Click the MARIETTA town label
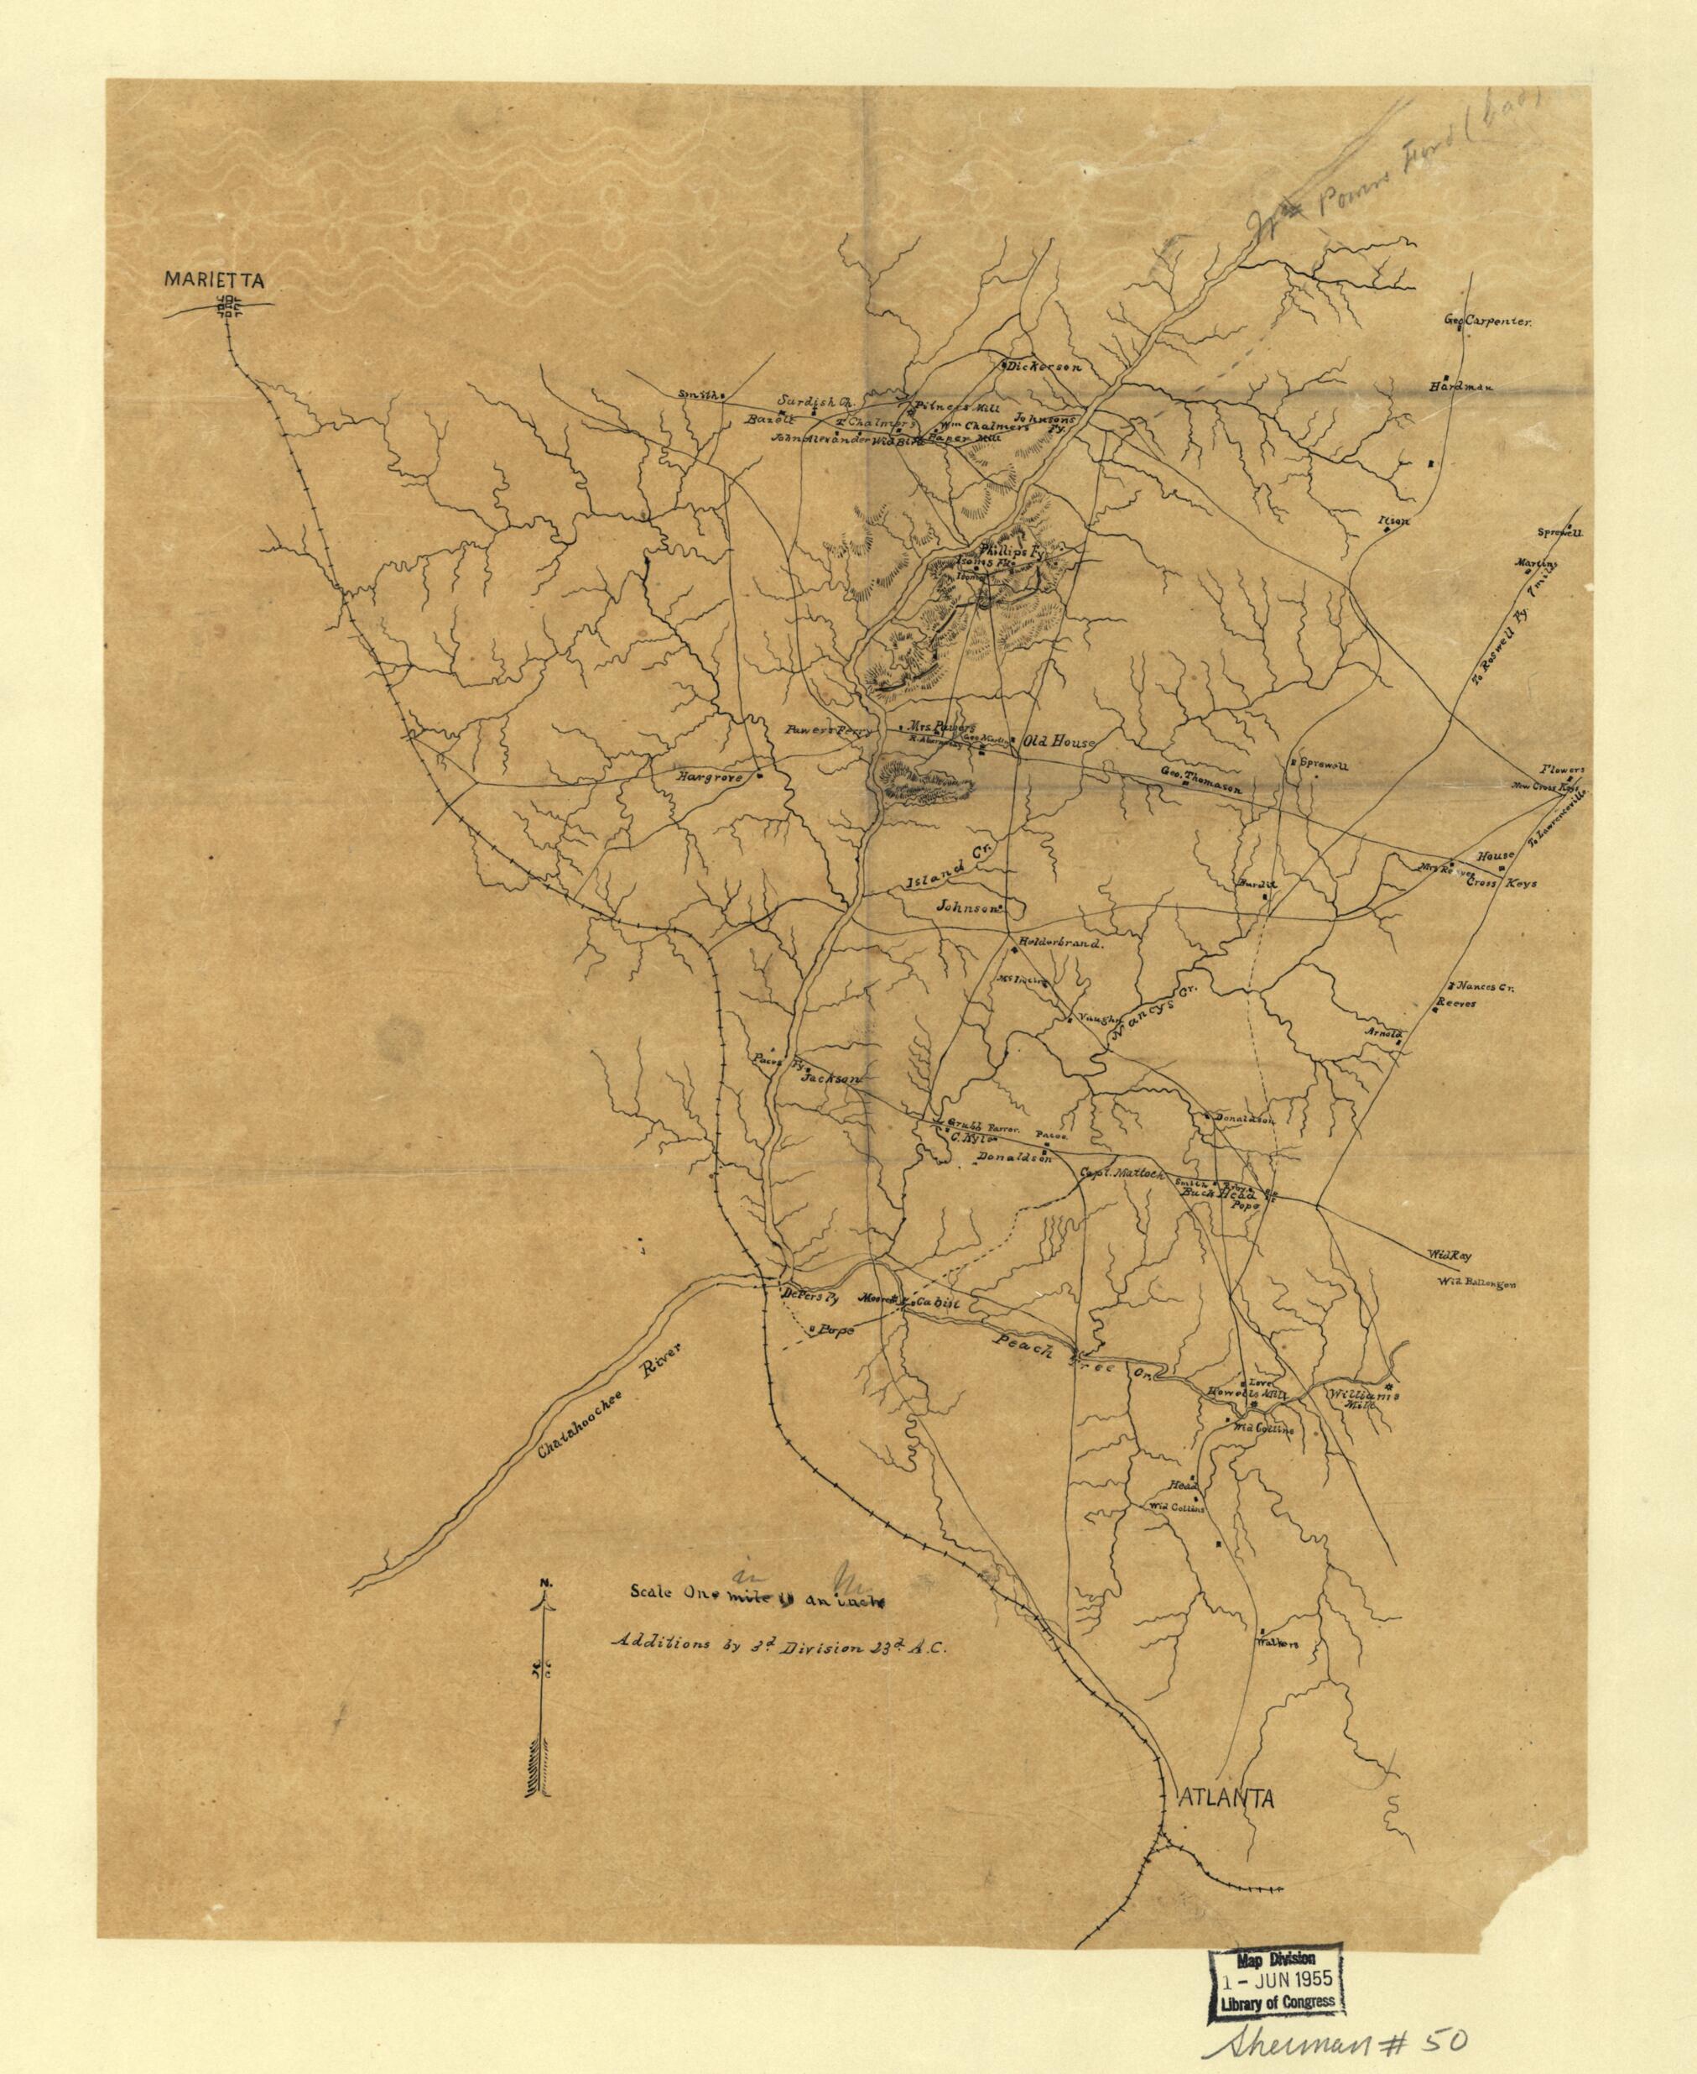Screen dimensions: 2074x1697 (214, 279)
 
